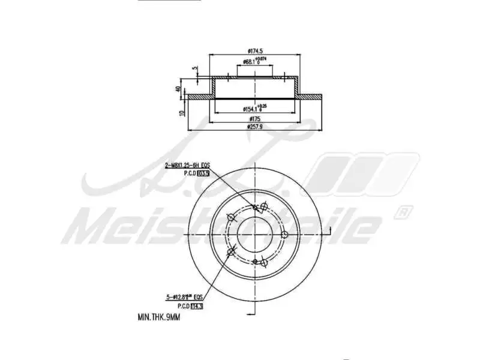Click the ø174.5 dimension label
pos(255,51)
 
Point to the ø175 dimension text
pos(255,119)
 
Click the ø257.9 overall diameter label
pos(255,127)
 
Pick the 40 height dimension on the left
pos(178,89)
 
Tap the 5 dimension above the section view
pos(194,68)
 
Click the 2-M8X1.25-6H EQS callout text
pos(187,164)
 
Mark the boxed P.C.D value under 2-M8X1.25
pos(202,173)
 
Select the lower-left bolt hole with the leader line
pos(231,251)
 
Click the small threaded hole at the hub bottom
pos(255,262)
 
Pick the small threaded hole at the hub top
pos(256,208)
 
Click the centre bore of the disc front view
pos(256,234)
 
